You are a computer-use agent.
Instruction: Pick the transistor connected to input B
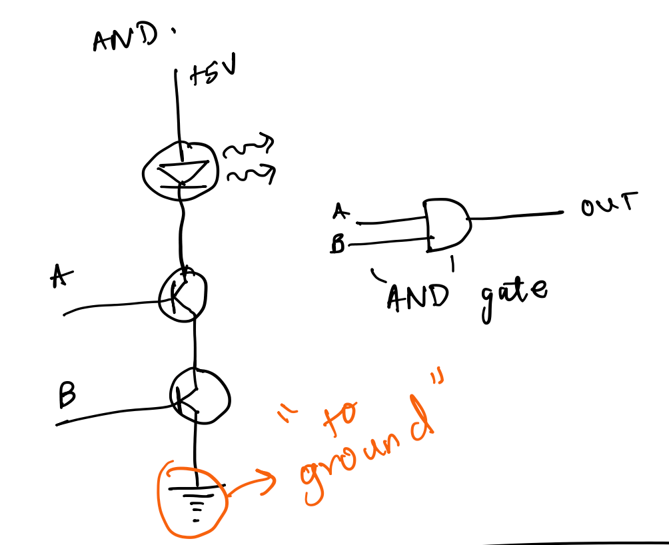[199, 396]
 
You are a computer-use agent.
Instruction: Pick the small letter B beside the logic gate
[338, 245]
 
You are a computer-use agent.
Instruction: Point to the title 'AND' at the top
[123, 39]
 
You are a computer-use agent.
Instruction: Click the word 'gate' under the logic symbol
[511, 294]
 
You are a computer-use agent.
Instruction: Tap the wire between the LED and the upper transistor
[179, 230]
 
